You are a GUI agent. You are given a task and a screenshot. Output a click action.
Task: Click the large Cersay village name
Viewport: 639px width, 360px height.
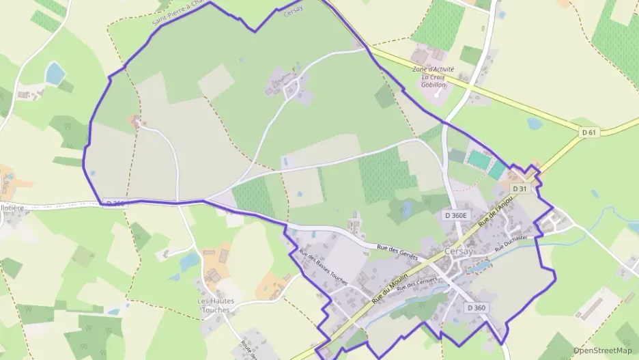click(x=458, y=251)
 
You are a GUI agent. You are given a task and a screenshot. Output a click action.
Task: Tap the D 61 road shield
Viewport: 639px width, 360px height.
click(x=589, y=132)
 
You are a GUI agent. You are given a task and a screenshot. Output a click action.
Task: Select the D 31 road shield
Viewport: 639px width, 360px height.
click(x=520, y=189)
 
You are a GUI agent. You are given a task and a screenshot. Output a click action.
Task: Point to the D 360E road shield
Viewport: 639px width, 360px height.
click(x=457, y=215)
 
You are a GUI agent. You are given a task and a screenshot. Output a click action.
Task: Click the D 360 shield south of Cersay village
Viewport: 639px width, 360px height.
click(x=477, y=308)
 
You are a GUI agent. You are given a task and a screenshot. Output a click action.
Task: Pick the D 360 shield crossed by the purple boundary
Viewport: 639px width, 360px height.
click(x=115, y=203)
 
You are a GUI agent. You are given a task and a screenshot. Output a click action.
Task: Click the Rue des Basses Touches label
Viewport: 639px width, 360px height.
click(x=323, y=266)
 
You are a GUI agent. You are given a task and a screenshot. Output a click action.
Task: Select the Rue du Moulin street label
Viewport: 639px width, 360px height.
click(x=390, y=288)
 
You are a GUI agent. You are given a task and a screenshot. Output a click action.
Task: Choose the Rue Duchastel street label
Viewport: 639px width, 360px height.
click(x=512, y=241)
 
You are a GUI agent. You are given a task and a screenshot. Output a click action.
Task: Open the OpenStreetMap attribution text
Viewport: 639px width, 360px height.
click(x=603, y=350)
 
